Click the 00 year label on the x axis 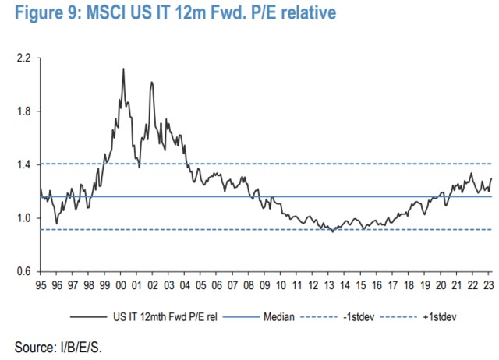[x=121, y=285]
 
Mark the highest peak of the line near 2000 [x=123, y=69]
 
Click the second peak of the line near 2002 [x=150, y=82]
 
